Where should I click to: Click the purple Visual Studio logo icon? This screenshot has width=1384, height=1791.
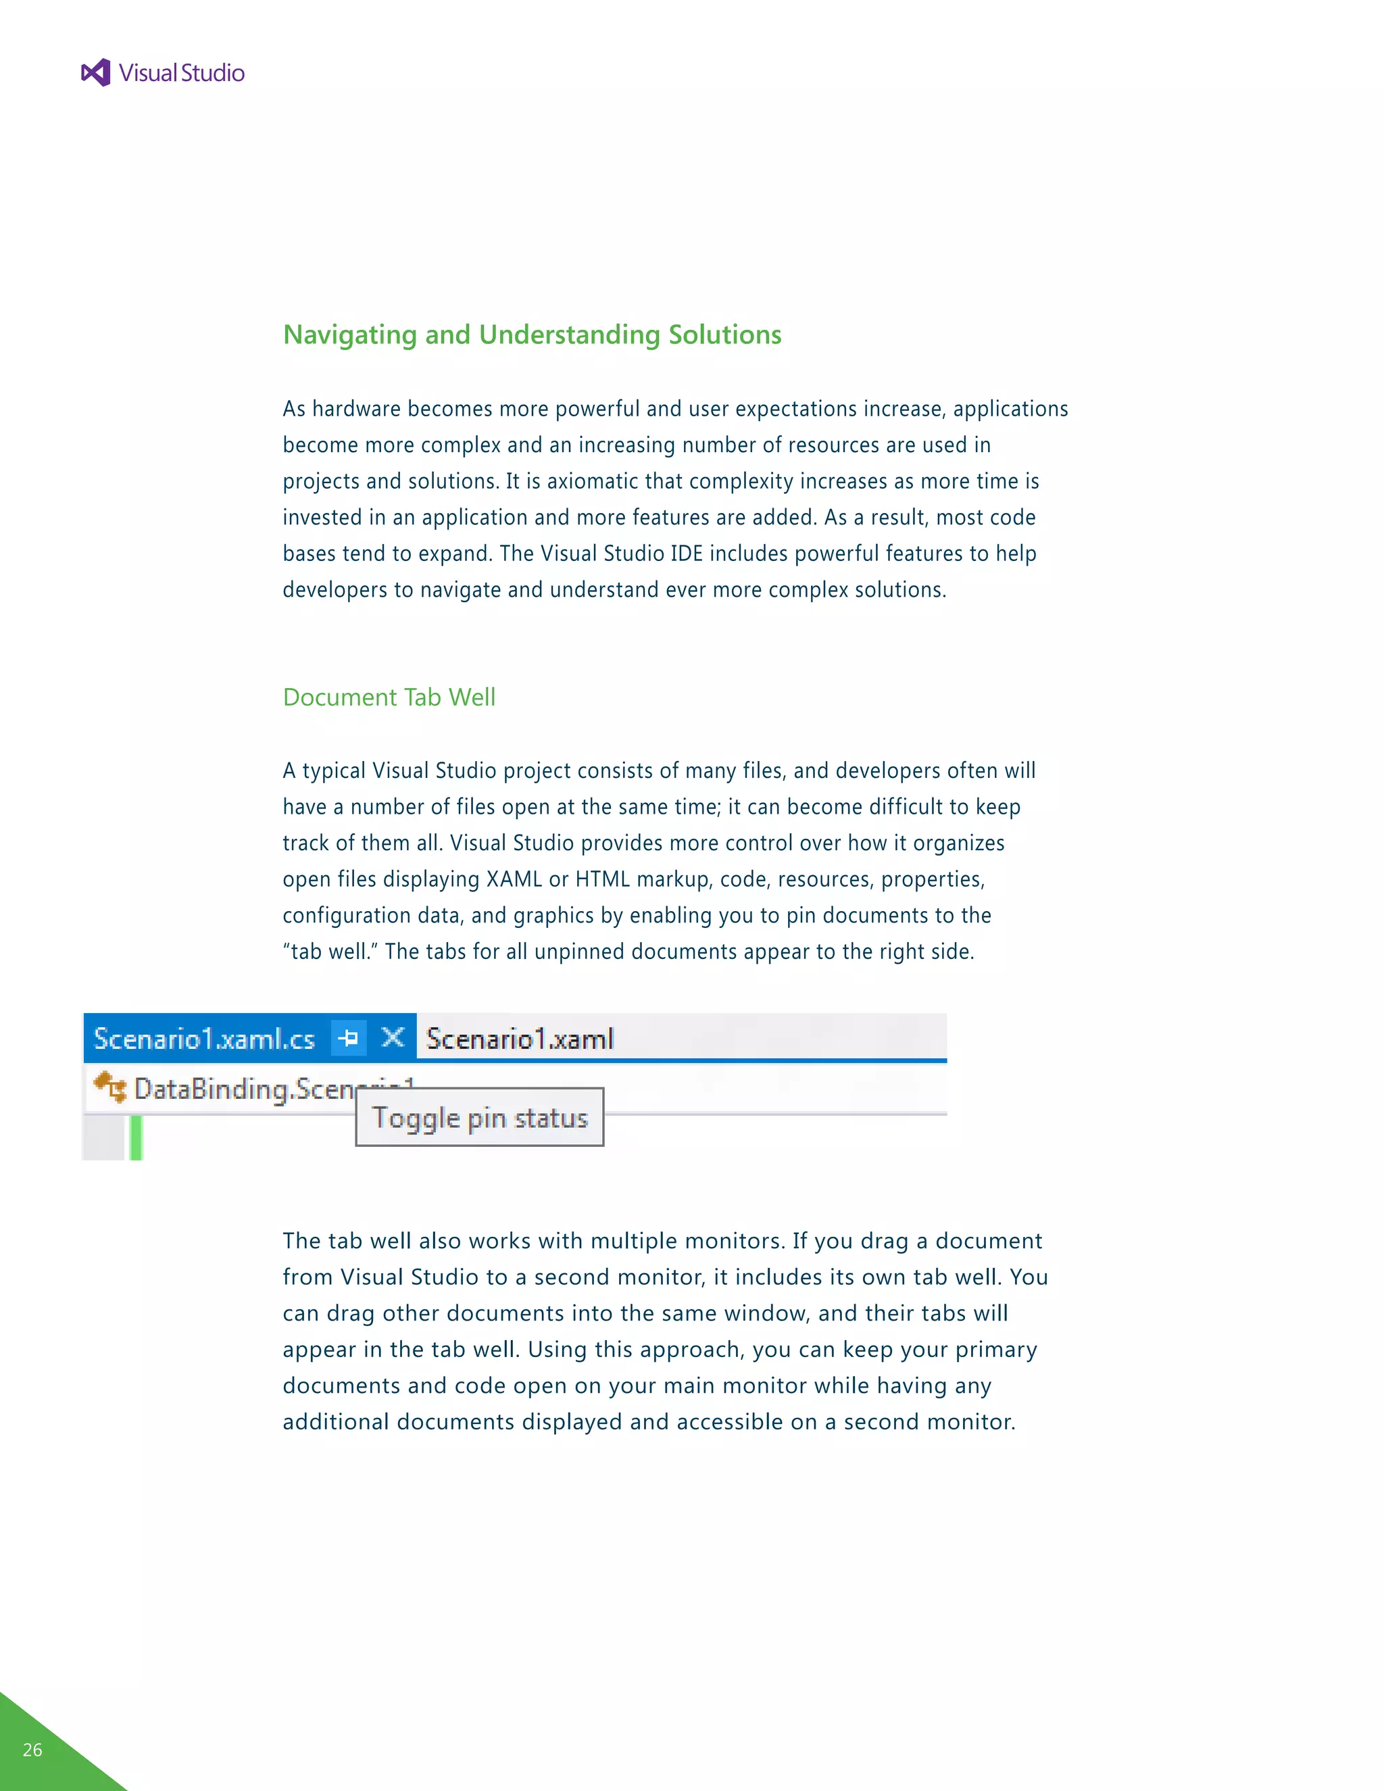96,73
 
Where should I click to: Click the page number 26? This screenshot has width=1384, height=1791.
33,1749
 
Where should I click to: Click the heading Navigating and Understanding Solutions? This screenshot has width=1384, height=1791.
531,335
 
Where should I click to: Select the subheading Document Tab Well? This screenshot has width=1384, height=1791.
389,697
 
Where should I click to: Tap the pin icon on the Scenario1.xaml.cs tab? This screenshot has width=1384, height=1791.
349,1038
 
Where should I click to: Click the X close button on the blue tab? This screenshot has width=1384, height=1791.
393,1038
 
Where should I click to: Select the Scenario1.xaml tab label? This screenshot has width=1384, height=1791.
520,1039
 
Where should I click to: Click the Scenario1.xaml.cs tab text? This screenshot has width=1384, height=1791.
204,1039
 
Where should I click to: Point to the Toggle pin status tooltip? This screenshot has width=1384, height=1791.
480,1118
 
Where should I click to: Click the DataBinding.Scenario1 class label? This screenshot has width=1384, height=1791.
246,1089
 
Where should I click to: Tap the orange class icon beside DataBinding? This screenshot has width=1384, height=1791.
110,1087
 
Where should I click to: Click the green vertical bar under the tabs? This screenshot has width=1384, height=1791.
136,1138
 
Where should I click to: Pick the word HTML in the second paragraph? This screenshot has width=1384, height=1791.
603,879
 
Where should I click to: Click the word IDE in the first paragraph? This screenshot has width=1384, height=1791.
687,554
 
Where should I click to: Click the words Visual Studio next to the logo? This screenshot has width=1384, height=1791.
181,73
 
